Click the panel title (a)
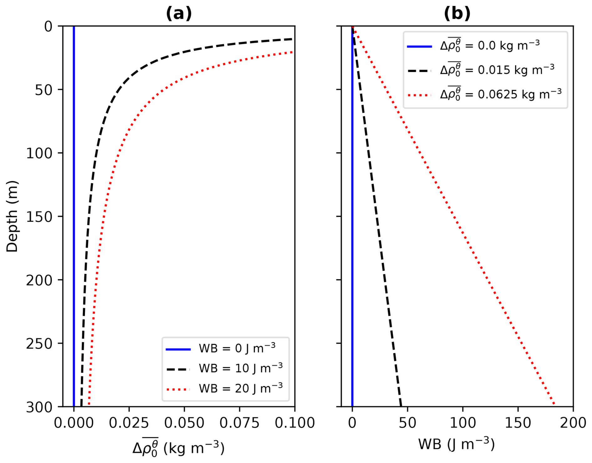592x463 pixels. point(179,13)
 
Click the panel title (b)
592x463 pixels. point(457,13)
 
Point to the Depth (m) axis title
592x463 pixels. point(12,216)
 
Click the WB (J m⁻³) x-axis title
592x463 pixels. point(457,444)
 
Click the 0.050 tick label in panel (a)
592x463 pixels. point(184,423)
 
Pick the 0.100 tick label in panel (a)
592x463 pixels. point(294,423)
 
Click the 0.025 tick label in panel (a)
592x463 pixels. point(129,423)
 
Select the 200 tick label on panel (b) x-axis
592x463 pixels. point(573,423)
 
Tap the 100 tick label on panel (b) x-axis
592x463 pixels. point(463,423)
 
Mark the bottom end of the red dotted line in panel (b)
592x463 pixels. point(554,404)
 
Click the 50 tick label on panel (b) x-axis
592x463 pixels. point(407,423)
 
